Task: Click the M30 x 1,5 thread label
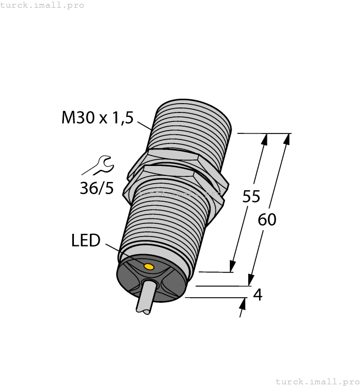[98, 117]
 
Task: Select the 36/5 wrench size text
[96, 188]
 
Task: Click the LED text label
[85, 240]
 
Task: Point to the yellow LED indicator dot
[148, 267]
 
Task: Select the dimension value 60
[267, 219]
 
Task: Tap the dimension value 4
[257, 295]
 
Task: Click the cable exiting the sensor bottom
[143, 301]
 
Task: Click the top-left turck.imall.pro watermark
[42, 5]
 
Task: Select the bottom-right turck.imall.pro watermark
[317, 381]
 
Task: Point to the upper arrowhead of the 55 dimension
[265, 139]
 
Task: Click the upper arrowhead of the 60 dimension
[286, 139]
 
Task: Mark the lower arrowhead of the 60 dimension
[251, 280]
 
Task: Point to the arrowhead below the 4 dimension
[243, 304]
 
